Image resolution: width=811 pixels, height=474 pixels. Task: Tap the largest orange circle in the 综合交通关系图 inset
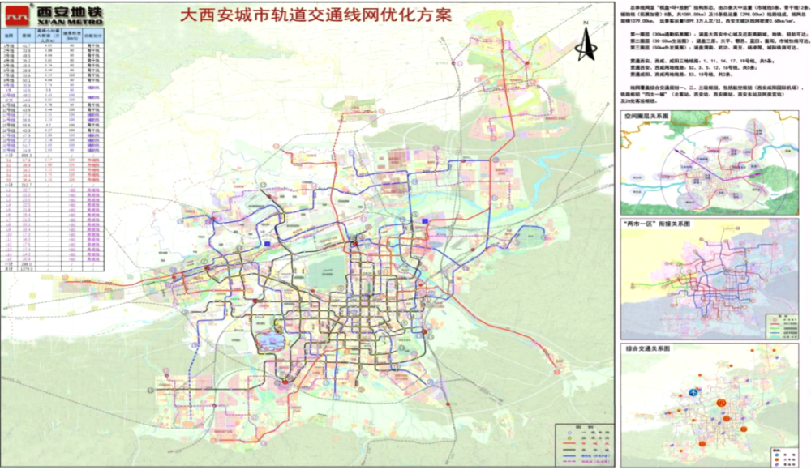pos(721,403)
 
